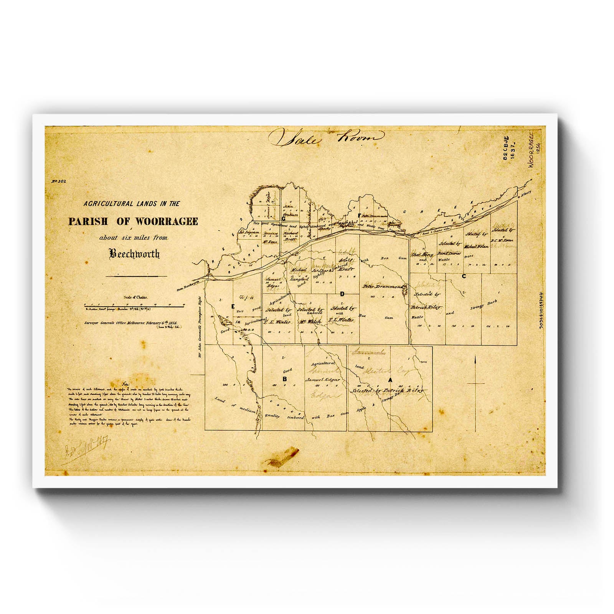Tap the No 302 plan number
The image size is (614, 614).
59,182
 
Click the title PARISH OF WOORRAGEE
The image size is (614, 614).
133,221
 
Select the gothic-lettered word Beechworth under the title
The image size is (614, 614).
134,254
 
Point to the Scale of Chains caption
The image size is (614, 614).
135,297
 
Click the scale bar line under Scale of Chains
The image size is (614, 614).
134,306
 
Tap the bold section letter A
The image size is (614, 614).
391,380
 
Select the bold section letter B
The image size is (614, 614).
284,379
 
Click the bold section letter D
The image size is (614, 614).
342,294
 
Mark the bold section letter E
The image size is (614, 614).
232,306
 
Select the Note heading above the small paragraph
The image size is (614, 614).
125,384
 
